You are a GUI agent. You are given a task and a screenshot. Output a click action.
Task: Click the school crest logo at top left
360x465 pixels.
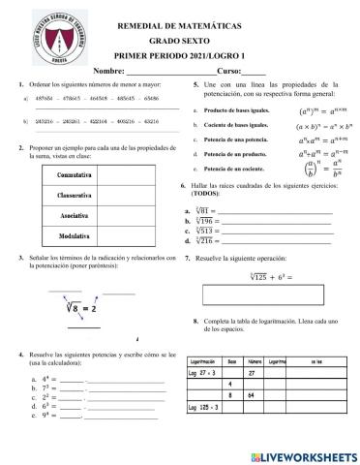pos(40,35)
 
